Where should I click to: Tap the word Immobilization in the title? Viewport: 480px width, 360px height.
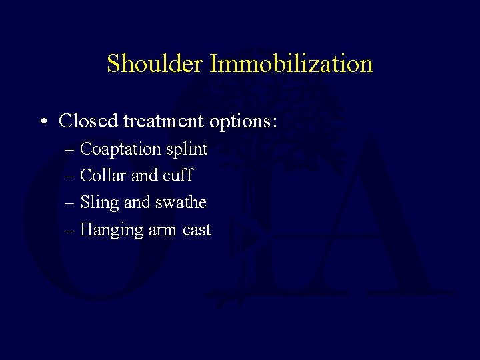[x=291, y=64]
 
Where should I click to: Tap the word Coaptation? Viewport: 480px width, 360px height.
[x=121, y=150]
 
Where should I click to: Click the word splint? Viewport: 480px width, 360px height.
[x=187, y=150]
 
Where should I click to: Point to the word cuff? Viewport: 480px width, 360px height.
[x=178, y=175]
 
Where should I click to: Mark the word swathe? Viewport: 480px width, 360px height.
[x=180, y=202]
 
